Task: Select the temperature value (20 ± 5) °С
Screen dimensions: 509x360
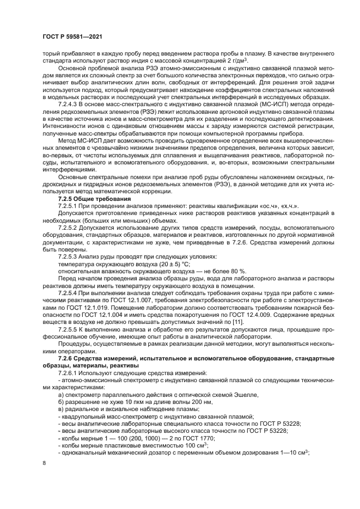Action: (163, 263)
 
